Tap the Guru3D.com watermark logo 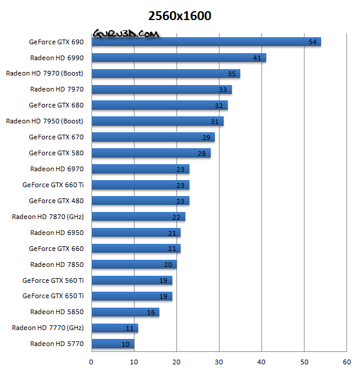[125, 35]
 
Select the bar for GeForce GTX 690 [206, 42]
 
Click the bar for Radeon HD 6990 [179, 58]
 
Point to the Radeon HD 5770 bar [113, 344]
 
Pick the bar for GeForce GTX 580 [151, 153]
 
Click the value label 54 [313, 42]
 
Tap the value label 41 [257, 58]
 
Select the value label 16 [151, 312]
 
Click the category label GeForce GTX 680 [57, 105]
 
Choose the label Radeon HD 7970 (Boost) [45, 74]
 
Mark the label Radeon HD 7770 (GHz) [48, 328]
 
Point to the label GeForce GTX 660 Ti [53, 185]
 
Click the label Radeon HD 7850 [57, 264]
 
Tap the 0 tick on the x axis [91, 361]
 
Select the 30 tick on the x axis [219, 361]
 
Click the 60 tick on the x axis [346, 361]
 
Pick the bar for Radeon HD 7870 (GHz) [139, 217]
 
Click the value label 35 [232, 74]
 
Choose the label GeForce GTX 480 [57, 201]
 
